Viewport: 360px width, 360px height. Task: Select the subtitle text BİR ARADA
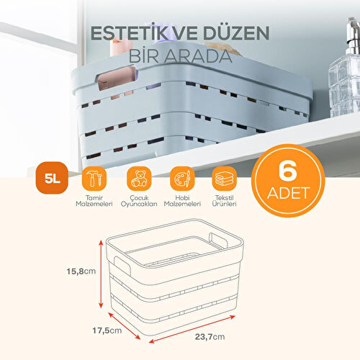pyautogui.click(x=179, y=55)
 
